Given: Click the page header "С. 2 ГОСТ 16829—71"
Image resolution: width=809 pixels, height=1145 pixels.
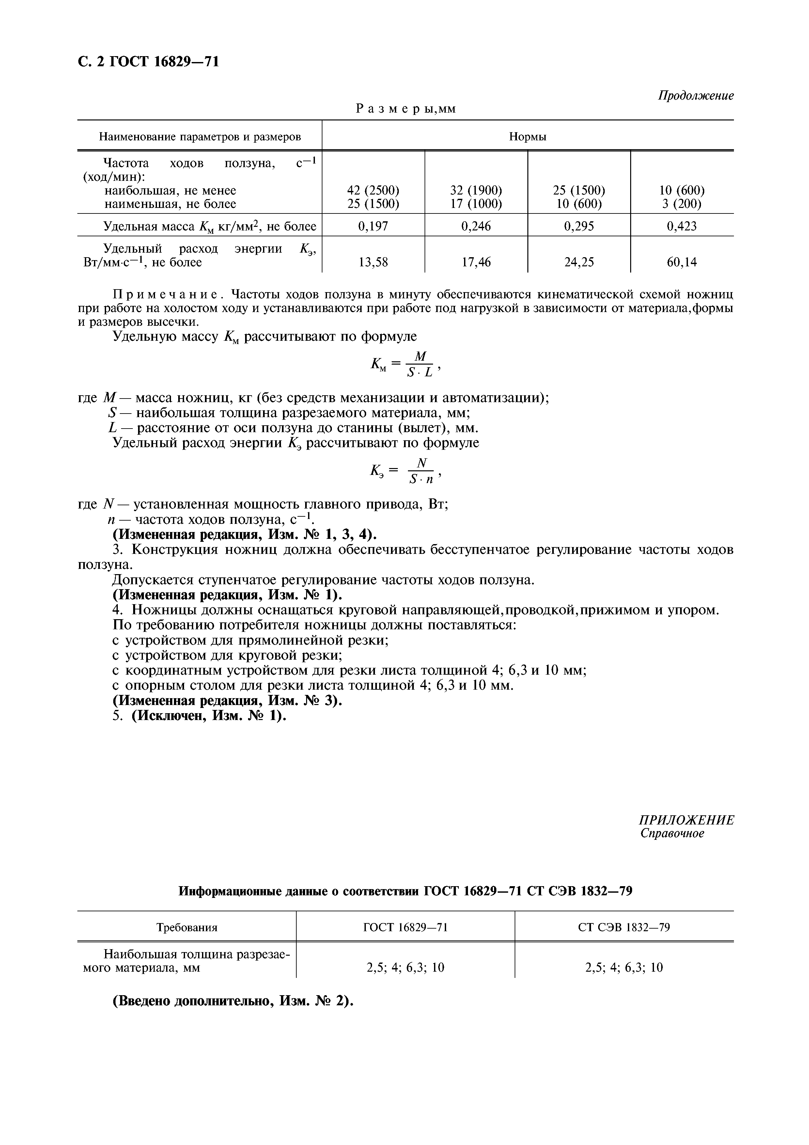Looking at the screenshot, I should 148,61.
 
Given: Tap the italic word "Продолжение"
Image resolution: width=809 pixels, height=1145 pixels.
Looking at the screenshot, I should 695,95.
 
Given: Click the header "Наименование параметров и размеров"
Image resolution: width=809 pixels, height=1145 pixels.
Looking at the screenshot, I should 199,137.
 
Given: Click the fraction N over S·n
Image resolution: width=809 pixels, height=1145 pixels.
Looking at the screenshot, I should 421,471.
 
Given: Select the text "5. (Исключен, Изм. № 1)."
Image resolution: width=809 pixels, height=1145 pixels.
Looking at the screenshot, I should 199,715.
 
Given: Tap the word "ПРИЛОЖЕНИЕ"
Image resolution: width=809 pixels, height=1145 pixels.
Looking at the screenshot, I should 686,820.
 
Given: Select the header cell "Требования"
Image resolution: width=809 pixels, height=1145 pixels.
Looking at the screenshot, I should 187,928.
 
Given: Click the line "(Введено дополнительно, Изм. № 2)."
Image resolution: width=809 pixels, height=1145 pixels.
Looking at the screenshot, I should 233,1001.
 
